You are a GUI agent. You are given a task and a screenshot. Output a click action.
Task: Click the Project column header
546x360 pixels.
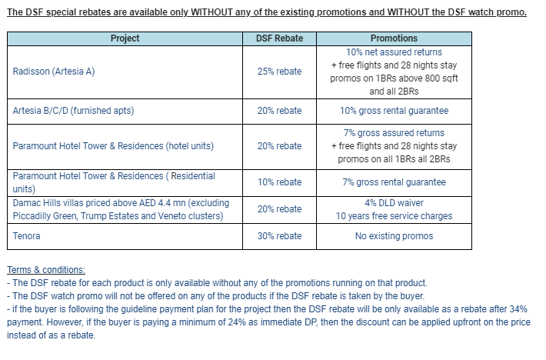click(x=125, y=38)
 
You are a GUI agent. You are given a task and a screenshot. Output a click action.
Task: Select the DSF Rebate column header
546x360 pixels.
click(x=279, y=38)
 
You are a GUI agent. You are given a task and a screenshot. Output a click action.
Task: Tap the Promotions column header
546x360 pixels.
click(x=394, y=38)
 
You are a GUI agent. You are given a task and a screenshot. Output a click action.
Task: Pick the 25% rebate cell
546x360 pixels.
click(x=279, y=72)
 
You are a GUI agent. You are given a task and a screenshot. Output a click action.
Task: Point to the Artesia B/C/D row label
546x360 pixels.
click(x=73, y=111)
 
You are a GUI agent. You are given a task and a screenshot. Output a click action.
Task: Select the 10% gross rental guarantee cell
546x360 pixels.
click(x=394, y=111)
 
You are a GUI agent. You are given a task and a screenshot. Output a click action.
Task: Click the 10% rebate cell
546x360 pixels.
click(x=279, y=182)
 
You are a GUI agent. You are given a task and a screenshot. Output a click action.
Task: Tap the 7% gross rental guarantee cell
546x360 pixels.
click(x=394, y=182)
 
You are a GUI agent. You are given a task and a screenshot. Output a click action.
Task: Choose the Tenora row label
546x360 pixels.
click(x=26, y=236)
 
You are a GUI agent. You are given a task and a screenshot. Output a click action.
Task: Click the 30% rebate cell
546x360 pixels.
click(x=279, y=236)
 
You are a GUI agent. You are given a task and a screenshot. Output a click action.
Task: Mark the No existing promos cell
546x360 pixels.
click(x=394, y=236)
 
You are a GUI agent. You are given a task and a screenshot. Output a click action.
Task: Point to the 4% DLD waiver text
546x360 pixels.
click(x=394, y=203)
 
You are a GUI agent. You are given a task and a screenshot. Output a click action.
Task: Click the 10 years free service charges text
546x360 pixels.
click(x=394, y=216)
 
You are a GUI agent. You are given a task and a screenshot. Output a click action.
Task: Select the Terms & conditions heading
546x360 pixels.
click(x=46, y=270)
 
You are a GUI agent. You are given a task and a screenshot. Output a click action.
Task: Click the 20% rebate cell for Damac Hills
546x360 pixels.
click(x=279, y=209)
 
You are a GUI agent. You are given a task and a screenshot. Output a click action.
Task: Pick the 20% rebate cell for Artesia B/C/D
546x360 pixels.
click(x=279, y=111)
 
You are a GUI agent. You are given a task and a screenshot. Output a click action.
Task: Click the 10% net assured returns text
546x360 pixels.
click(x=394, y=52)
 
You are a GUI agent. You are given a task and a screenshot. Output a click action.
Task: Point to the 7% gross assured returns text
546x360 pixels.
click(x=394, y=133)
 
